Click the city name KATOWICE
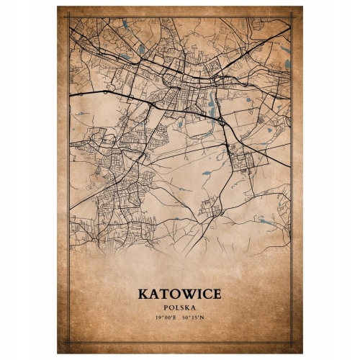[x=179, y=294]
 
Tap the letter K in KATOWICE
[x=143, y=294]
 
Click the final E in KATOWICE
[x=217, y=294]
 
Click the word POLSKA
[x=180, y=307]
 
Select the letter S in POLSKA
[x=182, y=307]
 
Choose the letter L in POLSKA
[x=177, y=307]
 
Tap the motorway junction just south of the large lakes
[x=225, y=124]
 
